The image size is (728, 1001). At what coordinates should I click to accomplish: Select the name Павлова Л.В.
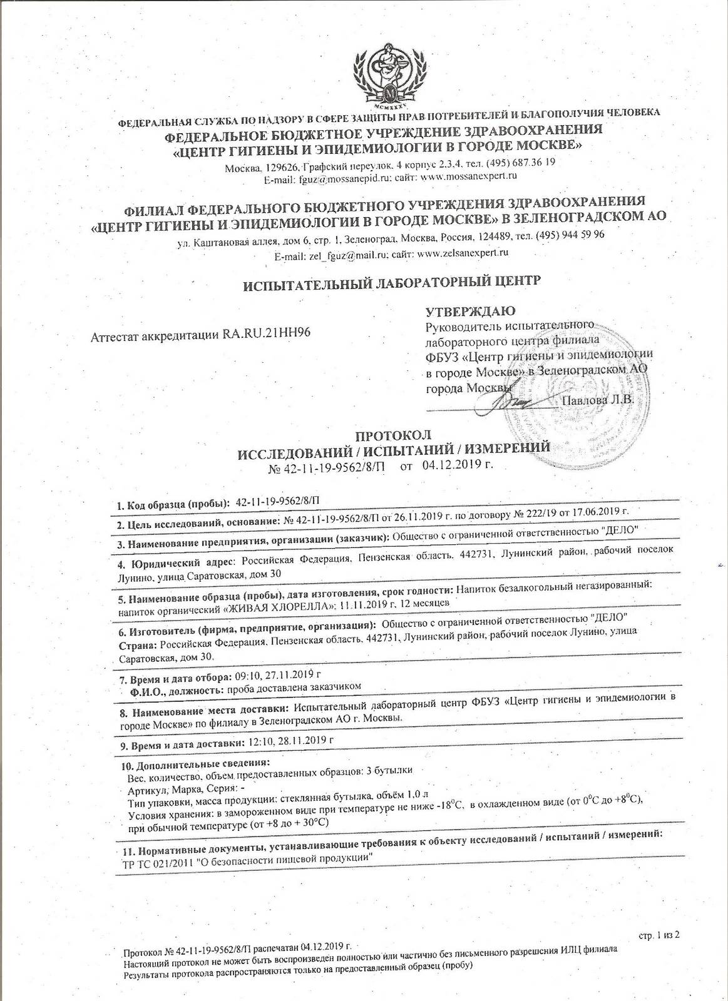pos(599,399)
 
